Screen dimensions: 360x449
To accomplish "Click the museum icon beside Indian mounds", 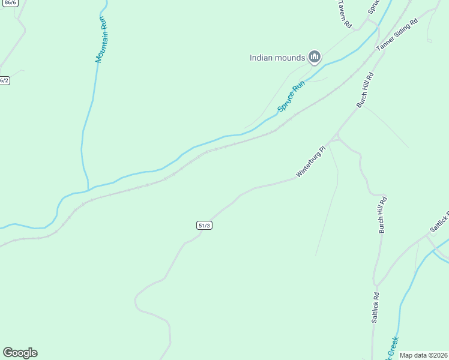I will pos(315,58).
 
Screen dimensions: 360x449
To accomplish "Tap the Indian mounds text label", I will pos(278,58).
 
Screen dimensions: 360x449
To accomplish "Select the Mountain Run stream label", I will pos(102,41).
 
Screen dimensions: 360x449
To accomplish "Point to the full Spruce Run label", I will pos(291,96).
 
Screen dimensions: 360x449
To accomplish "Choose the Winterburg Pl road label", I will pos(310,162).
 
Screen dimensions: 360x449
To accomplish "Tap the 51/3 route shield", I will pos(204,225).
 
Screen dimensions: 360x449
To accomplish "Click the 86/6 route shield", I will pos(9,4).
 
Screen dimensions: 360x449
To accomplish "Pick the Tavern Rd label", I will pos(344,14).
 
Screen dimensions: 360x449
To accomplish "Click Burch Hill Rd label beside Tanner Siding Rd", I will pos(365,90).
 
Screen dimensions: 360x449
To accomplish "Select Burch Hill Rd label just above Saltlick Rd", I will pos(382,214).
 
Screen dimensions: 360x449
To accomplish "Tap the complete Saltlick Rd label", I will pos(375,308).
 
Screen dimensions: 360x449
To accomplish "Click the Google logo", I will pos(20,353).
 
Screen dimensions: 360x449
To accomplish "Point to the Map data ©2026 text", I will pos(423,355).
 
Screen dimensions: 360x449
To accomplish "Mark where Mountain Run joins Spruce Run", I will pos(89,190).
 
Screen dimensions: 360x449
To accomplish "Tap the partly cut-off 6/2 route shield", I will pos(4,80).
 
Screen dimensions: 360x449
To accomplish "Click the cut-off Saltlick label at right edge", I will pos(439,223).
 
